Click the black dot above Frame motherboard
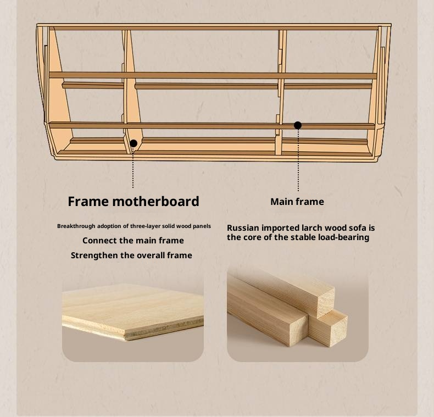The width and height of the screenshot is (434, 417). tap(133, 143)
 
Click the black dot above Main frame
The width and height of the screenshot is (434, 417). tap(298, 125)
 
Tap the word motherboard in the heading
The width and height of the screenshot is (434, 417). tap(155, 201)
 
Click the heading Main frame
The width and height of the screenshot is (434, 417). tap(297, 202)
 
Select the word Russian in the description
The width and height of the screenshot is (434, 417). tap(243, 228)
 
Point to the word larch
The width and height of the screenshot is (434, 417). tap(312, 228)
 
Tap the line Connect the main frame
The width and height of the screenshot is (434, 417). tap(133, 240)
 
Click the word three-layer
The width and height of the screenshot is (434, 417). tap(146, 226)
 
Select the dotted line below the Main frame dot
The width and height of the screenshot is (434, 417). tap(298, 160)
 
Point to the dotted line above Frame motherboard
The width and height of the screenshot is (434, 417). tap(133, 168)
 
